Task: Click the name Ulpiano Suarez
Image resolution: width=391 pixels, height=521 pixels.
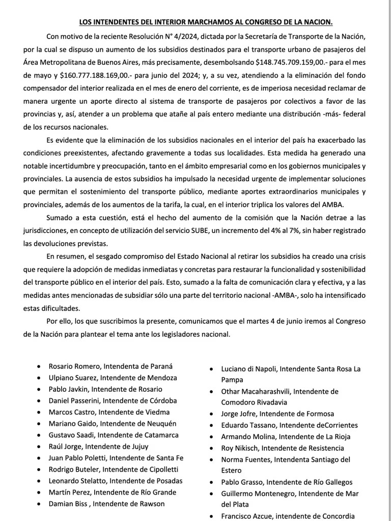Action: tap(72, 378)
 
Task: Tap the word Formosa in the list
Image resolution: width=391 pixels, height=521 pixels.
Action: tap(317, 414)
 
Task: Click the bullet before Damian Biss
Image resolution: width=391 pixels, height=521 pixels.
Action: tap(40, 504)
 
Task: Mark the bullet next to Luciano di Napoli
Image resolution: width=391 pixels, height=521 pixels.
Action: tap(212, 369)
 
